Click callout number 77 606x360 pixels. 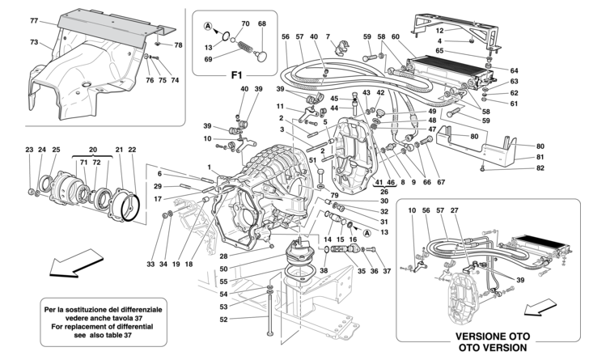(x=35, y=19)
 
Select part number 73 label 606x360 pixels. (x=35, y=41)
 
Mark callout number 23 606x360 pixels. (x=29, y=150)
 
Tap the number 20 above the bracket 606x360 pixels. (x=93, y=150)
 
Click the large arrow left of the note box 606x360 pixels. (x=66, y=265)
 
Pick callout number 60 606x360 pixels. (x=396, y=36)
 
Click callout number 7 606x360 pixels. (x=328, y=36)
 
